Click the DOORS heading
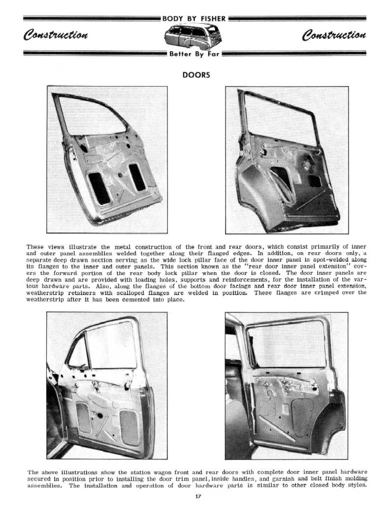196,75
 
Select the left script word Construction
56,35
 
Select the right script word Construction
334,35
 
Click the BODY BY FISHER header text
194,19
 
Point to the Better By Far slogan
194,54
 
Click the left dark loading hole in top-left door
99,188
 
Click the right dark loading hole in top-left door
137,177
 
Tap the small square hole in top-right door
314,181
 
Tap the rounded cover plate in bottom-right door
302,417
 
